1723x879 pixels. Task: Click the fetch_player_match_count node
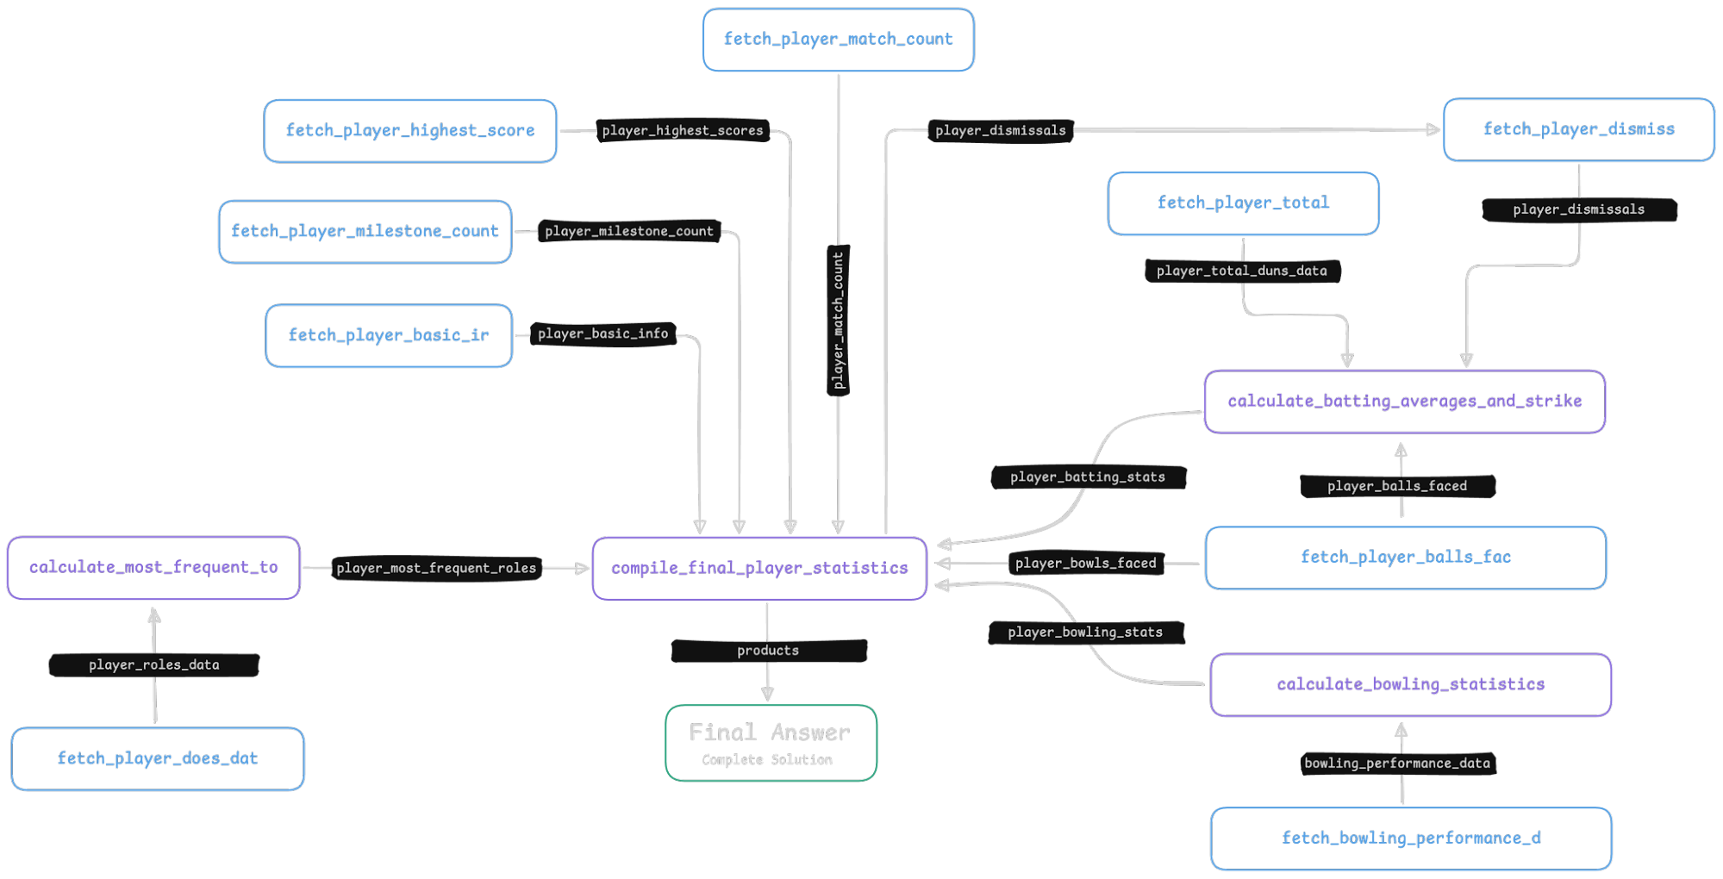838,40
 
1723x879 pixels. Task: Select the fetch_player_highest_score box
410,131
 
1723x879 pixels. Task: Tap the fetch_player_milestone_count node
365,232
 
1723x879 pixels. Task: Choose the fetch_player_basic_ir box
389,335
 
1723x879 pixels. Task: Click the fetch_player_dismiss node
1579,129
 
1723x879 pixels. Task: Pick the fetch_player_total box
1243,203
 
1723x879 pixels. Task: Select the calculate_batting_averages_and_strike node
1405,402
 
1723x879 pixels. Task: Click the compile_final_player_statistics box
759,569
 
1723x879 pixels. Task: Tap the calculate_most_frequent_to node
153,568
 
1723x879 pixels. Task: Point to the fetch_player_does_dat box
158,758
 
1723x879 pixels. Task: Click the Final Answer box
771,743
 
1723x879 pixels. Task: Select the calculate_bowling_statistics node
1411,685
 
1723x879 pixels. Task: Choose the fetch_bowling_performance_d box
1411,838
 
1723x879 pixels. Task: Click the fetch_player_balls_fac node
1406,558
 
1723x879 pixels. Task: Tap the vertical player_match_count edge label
838,321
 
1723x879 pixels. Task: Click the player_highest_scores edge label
683,131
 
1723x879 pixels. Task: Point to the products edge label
769,651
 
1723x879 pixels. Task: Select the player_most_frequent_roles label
436,568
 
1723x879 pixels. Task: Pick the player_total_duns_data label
1242,271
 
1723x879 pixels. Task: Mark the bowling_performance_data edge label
1397,763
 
